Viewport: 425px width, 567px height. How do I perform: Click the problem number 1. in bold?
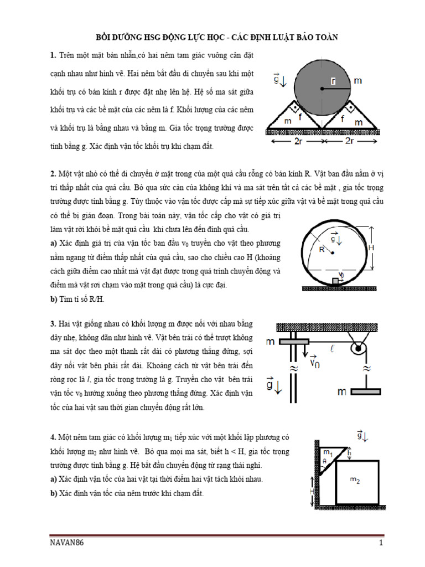pyautogui.click(x=53, y=55)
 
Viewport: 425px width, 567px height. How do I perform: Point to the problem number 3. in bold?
pyautogui.click(x=53, y=322)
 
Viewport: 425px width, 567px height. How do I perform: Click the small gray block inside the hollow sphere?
pyautogui.click(x=335, y=281)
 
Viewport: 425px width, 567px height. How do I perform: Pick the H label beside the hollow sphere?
pyautogui.click(x=371, y=249)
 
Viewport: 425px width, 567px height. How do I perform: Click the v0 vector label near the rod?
pyautogui.click(x=314, y=363)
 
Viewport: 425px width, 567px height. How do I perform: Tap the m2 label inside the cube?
pyautogui.click(x=355, y=481)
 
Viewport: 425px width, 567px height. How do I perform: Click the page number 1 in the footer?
pyautogui.click(x=381, y=543)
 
